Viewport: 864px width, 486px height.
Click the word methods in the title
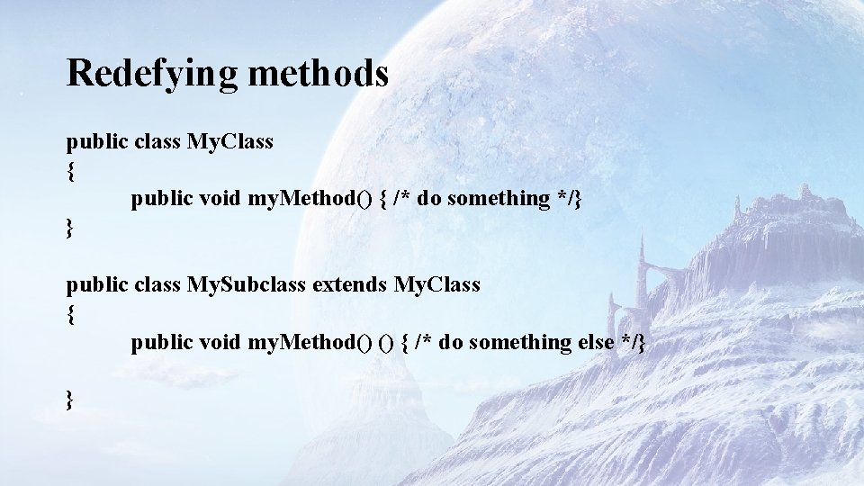[318, 73]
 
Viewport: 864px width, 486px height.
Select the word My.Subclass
[246, 285]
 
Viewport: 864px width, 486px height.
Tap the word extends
[349, 285]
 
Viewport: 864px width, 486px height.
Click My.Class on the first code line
[229, 141]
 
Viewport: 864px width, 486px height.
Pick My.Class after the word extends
[437, 285]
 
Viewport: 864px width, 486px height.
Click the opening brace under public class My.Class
[70, 171]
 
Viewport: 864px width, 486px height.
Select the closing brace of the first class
[70, 228]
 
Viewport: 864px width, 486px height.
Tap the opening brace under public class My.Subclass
[70, 315]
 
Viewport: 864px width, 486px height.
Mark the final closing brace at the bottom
[70, 400]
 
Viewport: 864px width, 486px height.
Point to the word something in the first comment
[498, 199]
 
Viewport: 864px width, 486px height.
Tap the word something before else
[520, 342]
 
